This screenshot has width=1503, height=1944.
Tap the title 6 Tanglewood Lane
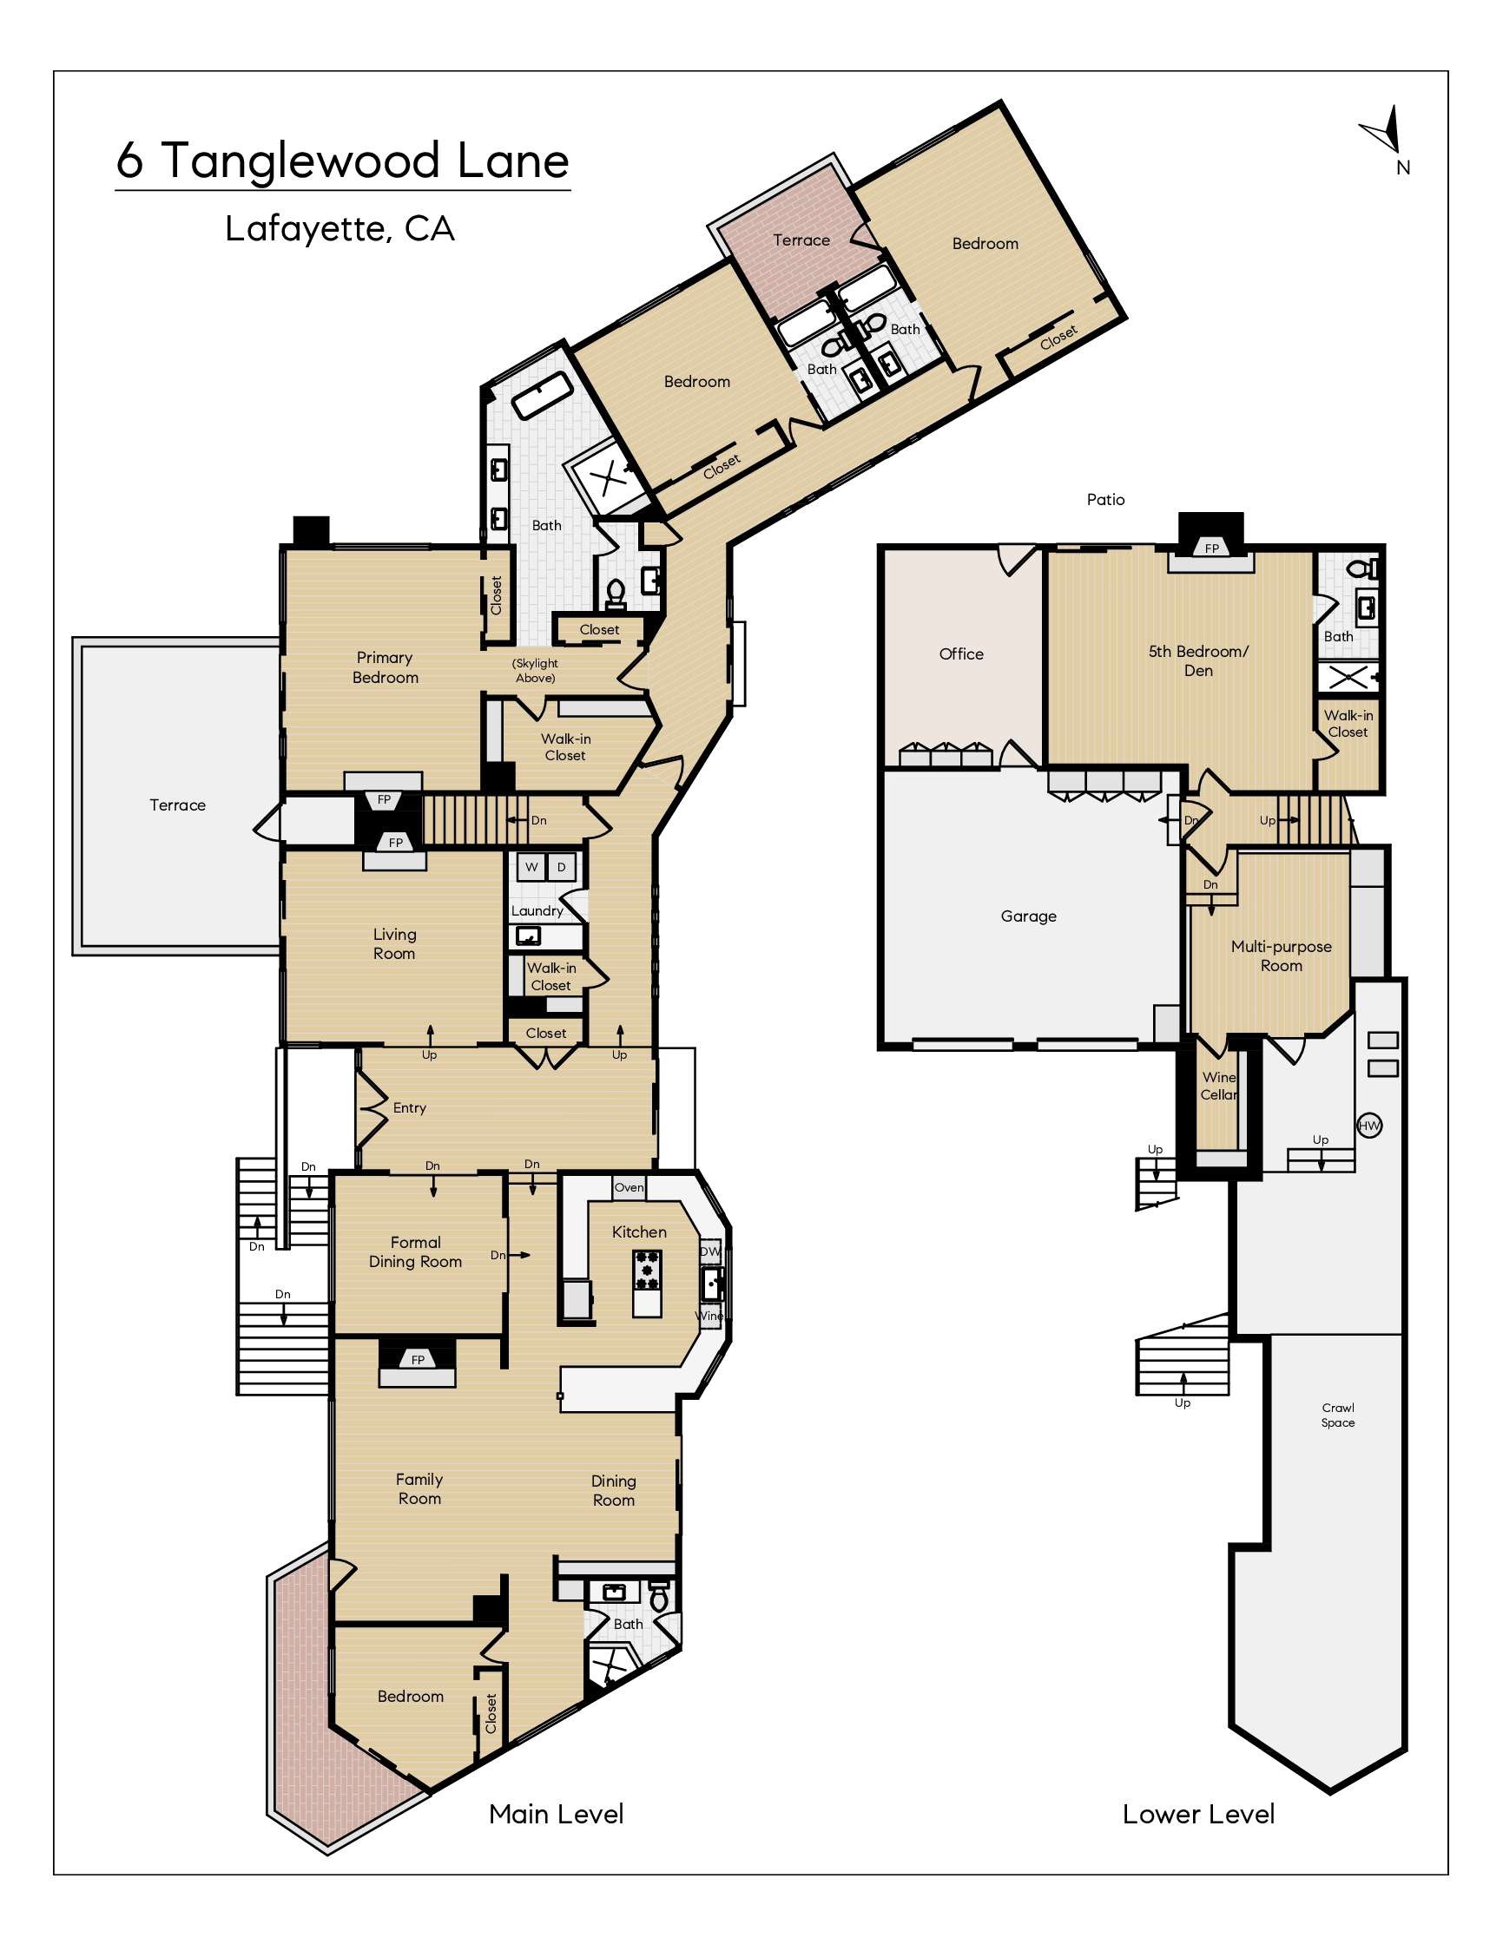tap(343, 161)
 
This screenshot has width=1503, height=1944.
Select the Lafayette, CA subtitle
tap(339, 230)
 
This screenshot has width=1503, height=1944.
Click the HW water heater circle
tap(1368, 1125)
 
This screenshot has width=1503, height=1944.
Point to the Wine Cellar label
tap(1219, 1086)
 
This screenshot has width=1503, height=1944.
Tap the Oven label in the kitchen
tap(629, 1187)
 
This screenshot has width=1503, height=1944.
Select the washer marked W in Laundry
tap(531, 867)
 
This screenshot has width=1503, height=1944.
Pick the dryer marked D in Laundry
tap(561, 867)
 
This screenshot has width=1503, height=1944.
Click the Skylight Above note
tap(535, 670)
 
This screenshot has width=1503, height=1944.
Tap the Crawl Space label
tap(1337, 1415)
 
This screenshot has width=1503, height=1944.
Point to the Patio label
tap(1105, 499)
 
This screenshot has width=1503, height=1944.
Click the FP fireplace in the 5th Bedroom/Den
tap(1211, 548)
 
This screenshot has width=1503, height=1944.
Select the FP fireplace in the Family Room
tap(418, 1359)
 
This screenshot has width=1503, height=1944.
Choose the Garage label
tap(1028, 916)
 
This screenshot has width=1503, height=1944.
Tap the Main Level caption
tap(557, 1813)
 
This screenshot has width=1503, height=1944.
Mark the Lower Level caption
tap(1198, 1813)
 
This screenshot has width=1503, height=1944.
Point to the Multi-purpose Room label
tap(1282, 956)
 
